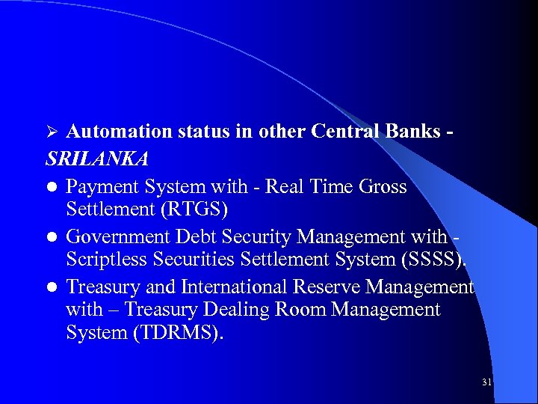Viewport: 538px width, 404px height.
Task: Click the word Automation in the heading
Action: click(x=119, y=132)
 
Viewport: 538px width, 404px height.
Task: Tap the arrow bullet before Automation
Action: click(x=52, y=132)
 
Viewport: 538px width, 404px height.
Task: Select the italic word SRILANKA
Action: click(x=97, y=159)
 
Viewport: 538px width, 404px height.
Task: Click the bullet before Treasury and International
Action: click(x=52, y=288)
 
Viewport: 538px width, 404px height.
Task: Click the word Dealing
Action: click(x=241, y=309)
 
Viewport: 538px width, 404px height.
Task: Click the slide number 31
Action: click(x=486, y=382)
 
